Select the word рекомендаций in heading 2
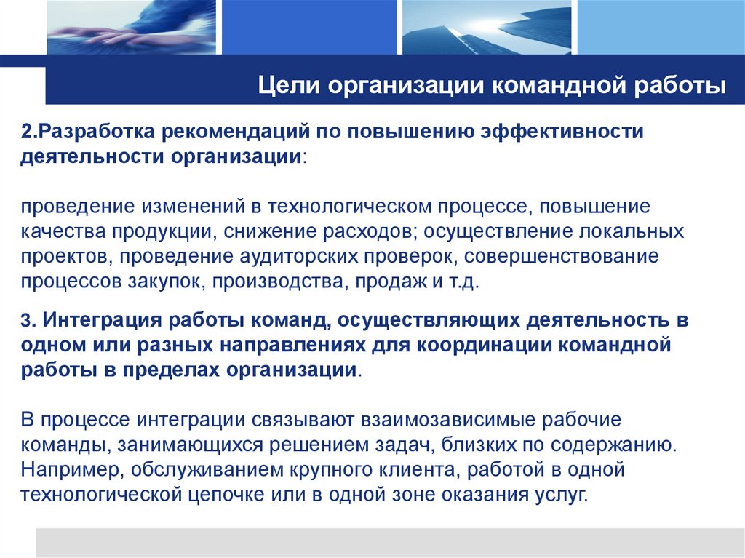[x=234, y=133]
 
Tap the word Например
[x=70, y=469]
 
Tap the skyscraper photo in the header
[x=485, y=27]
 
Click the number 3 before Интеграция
[x=25, y=319]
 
